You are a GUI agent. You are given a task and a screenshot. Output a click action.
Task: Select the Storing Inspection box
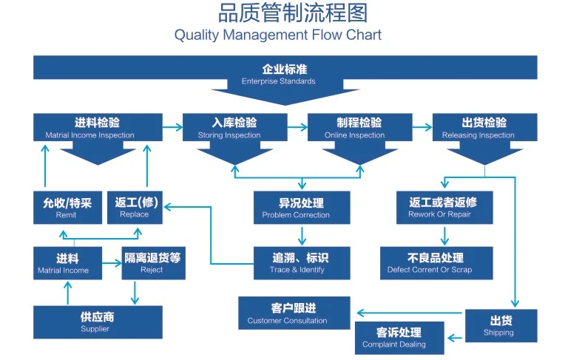tap(234, 128)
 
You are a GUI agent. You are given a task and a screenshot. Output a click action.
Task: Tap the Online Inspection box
tap(359, 128)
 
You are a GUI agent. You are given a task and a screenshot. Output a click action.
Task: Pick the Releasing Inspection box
tap(484, 128)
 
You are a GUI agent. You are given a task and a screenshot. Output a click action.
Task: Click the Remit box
tap(67, 208)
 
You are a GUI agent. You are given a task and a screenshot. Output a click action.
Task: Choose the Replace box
tap(135, 208)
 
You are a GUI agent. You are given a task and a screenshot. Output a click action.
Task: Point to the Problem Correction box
tap(302, 208)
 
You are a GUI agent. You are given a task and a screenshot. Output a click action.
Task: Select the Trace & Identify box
tap(302, 263)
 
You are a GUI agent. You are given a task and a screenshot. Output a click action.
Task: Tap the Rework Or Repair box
tap(444, 208)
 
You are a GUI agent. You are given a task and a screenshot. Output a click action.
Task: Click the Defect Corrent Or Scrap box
tap(436, 263)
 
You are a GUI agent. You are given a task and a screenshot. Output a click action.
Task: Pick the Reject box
tap(154, 263)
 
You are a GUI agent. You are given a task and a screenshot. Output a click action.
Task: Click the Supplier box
tap(98, 322)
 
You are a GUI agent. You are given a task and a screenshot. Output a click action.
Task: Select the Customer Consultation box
tap(294, 313)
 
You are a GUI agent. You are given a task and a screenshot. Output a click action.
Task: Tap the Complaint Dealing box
tap(399, 338)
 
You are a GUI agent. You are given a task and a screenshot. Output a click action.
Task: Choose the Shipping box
tap(501, 325)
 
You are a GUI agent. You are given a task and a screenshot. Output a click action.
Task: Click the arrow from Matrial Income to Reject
tap(112, 263)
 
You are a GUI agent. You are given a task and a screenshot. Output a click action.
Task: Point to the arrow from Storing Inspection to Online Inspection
tap(297, 127)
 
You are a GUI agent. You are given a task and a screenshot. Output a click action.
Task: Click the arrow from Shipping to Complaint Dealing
tap(455, 338)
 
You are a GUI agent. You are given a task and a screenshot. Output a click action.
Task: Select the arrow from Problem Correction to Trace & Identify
tap(302, 235)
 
